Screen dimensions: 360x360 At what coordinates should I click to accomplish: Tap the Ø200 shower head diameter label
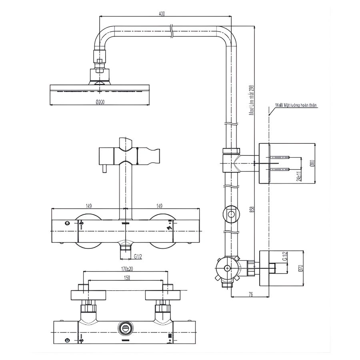coord(100,102)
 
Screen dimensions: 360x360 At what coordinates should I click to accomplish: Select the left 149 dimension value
coord(89,206)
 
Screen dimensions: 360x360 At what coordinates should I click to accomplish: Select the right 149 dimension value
coord(159,206)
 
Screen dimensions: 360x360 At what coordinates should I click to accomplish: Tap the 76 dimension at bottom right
coord(250,294)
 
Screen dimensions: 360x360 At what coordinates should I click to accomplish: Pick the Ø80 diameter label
coord(312,164)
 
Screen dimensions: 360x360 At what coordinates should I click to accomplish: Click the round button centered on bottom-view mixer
coord(125,328)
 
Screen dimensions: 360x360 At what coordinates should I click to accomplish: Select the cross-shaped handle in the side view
coord(227,269)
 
